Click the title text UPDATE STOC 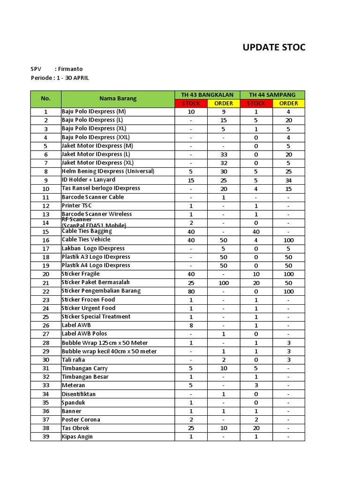274,47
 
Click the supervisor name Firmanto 70,69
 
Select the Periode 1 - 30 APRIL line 60,78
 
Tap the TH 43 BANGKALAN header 207,95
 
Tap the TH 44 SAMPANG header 272,95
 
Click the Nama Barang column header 118,98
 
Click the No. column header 45,98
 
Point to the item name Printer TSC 77,205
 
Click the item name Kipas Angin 77,436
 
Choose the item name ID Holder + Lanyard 89,180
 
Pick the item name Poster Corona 81,420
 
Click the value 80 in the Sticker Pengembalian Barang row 191,291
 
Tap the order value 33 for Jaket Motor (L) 224,154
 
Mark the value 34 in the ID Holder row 288,180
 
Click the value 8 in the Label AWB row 191,325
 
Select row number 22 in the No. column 45,291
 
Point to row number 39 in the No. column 45,437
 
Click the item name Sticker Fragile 81,274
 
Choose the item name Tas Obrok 75,428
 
